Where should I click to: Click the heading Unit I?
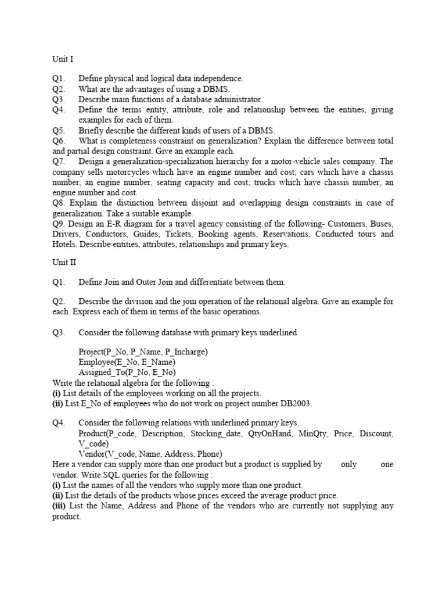point(63,59)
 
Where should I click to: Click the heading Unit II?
point(64,262)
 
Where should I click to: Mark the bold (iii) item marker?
point(60,506)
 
